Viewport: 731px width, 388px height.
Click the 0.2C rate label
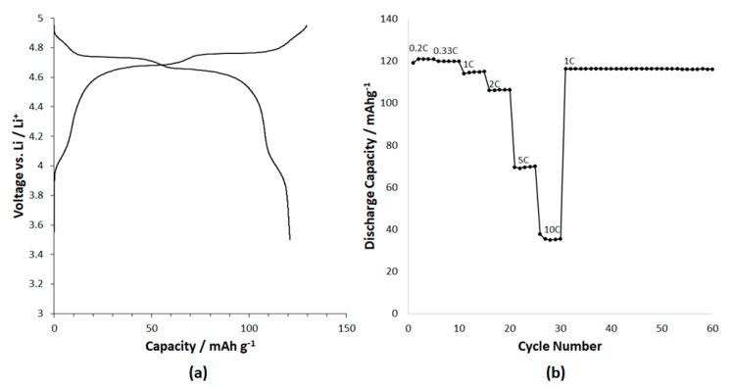coord(419,48)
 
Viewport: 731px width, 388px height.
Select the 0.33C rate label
coord(448,49)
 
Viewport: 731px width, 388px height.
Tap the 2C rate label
coord(495,82)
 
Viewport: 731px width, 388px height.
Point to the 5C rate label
coord(523,160)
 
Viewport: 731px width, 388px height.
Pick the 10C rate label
coord(552,229)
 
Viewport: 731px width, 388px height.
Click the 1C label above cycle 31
coord(569,61)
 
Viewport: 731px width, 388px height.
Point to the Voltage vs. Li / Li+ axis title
coord(18,165)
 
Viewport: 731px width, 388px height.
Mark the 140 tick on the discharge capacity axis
coord(388,19)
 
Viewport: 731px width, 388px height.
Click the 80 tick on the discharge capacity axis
coord(391,145)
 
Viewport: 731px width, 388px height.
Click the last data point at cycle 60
coord(712,70)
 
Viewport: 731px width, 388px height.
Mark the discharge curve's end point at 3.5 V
coord(290,239)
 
